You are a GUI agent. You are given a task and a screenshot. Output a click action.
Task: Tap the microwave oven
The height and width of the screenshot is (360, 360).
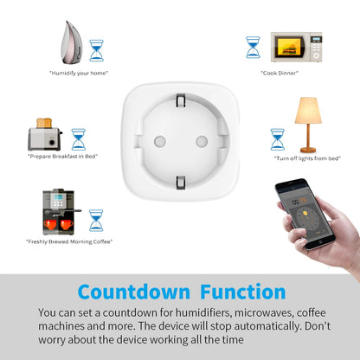(x=296, y=47)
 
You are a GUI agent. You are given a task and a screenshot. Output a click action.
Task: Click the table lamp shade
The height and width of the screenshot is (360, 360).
(x=309, y=111)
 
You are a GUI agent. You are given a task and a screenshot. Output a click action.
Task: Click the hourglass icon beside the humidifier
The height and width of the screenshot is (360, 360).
(x=96, y=49)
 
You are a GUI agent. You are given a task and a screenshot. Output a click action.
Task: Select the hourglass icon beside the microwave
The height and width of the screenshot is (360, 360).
(x=253, y=47)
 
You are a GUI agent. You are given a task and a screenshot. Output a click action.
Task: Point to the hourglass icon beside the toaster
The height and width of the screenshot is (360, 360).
(x=79, y=139)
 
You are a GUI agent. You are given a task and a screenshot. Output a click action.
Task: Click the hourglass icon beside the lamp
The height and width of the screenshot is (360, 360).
(x=278, y=139)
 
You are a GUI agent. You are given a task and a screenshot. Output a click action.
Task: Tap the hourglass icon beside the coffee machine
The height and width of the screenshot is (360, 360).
(x=95, y=219)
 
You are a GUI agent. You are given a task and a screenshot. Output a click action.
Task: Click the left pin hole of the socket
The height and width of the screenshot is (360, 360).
(x=158, y=139)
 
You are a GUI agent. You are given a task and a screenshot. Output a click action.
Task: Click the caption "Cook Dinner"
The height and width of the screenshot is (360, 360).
(x=280, y=73)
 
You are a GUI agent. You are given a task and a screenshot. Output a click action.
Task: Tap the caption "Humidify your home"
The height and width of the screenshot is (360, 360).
(x=78, y=73)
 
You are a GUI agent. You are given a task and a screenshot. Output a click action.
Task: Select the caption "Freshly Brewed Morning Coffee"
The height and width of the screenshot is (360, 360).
(x=69, y=241)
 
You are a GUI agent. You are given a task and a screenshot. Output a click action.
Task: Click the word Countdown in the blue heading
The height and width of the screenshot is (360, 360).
(x=130, y=292)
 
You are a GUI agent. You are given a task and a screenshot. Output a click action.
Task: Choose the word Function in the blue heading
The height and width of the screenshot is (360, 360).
(x=240, y=292)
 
